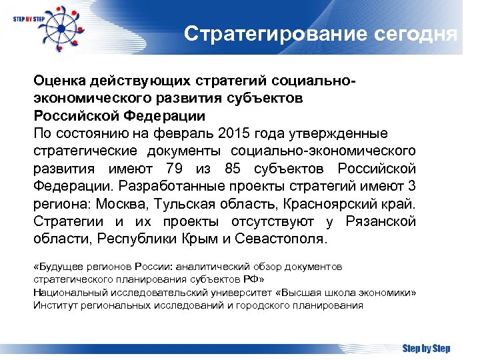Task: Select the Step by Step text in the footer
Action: [426, 349]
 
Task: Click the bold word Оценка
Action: [58, 81]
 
